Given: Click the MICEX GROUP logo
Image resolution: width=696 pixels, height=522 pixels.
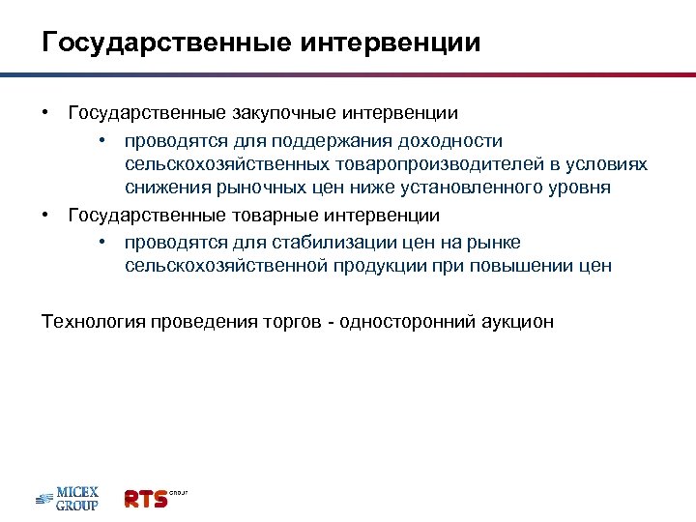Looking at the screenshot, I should click(x=68, y=498).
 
